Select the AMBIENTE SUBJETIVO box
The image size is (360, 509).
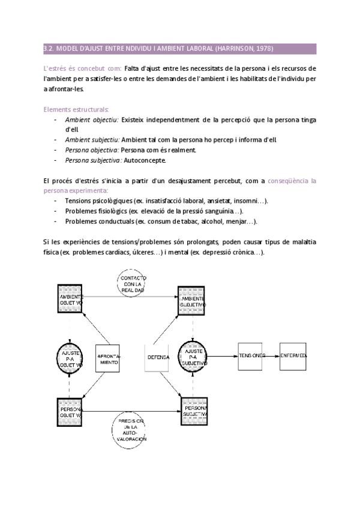tap(193, 301)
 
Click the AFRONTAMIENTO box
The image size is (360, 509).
tap(109, 358)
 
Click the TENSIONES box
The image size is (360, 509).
tap(251, 356)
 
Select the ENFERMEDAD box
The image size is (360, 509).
tap(293, 356)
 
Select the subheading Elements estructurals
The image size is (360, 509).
tap(76, 109)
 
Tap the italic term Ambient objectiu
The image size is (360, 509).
tap(92, 119)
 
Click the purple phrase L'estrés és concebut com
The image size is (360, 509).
tap(82, 68)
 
